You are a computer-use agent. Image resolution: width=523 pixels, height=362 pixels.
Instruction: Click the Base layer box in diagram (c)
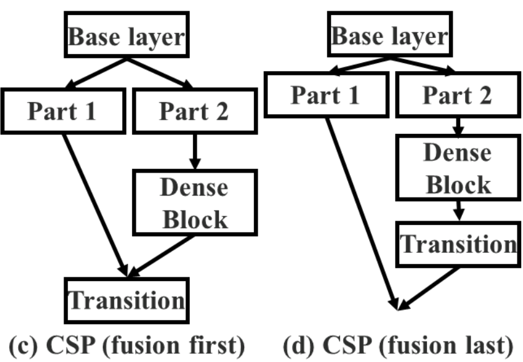pyautogui.click(x=126, y=37)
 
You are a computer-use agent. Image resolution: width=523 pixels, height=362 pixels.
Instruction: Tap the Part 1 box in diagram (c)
pyautogui.click(x=62, y=110)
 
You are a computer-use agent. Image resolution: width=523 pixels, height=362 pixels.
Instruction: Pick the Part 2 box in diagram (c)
pyautogui.click(x=194, y=110)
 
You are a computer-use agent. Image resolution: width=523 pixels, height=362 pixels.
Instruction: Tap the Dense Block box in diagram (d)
pyautogui.click(x=458, y=168)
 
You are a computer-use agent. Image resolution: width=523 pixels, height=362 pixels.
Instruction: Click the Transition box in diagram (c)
pyautogui.click(x=126, y=300)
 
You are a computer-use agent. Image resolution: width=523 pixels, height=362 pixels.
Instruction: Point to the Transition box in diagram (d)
pyautogui.click(x=458, y=244)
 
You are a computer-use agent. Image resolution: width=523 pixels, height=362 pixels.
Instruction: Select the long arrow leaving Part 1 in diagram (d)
pyautogui.click(x=361, y=212)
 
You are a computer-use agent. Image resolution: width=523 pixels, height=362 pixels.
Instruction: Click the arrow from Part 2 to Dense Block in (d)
pyautogui.click(x=458, y=128)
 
